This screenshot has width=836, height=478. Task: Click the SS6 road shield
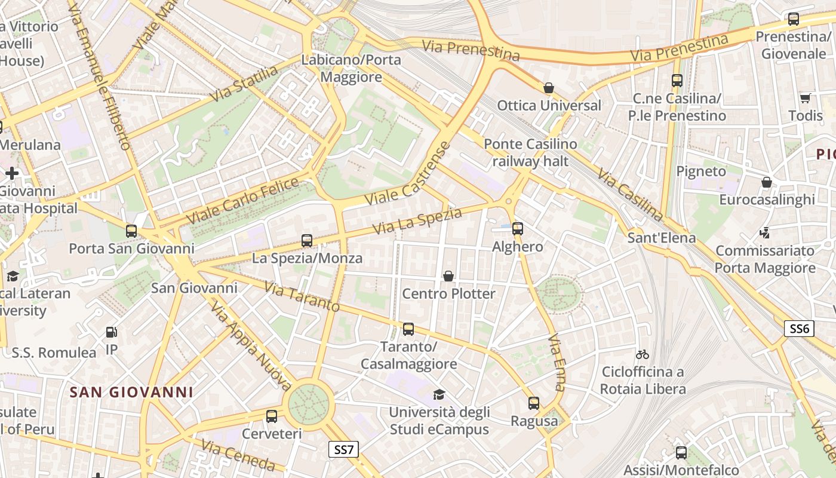tap(799, 328)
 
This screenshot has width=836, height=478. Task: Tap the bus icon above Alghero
tap(518, 228)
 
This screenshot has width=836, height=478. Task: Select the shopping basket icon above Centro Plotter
tap(448, 276)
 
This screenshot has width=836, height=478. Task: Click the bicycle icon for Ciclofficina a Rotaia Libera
tap(643, 354)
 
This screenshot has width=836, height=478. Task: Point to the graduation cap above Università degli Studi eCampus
tap(439, 394)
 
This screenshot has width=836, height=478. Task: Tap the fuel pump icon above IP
tap(111, 332)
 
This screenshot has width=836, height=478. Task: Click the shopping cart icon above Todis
tap(805, 98)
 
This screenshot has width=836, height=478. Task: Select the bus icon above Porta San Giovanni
tap(131, 231)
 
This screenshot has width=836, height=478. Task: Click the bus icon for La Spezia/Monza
tap(307, 241)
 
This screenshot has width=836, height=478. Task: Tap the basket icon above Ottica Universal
tap(549, 88)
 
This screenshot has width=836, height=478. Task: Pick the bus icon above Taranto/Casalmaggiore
tap(408, 329)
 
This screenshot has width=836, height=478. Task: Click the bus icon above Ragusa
tap(534, 403)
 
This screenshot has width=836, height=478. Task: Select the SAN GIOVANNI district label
tap(131, 392)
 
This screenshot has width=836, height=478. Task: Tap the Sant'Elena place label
tap(662, 238)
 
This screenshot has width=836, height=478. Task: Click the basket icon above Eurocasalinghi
tap(767, 182)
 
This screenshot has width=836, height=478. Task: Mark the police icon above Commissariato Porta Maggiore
tap(765, 232)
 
